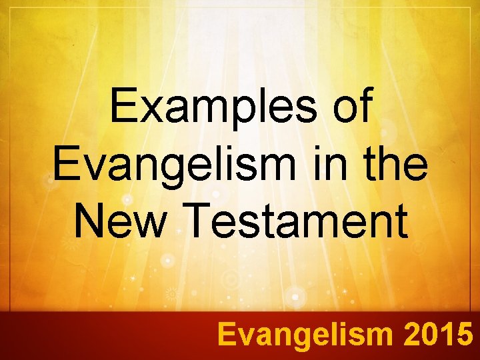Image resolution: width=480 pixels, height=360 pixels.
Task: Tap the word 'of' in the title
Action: [x=349, y=107]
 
